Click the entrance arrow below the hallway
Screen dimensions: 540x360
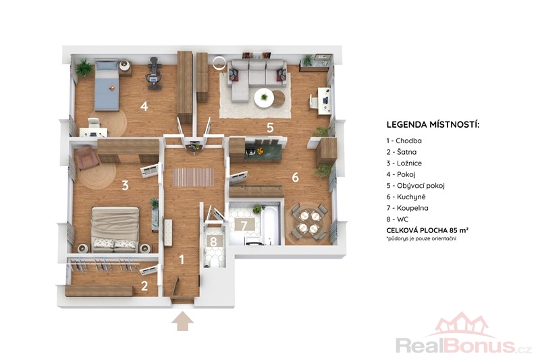tap(182, 322)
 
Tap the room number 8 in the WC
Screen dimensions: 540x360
tap(213, 242)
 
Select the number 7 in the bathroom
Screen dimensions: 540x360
tap(244, 226)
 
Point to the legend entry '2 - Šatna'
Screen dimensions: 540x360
tap(401, 152)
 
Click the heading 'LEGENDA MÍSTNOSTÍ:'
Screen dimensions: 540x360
tap(433, 124)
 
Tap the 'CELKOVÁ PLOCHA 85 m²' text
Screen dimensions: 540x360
tap(427, 230)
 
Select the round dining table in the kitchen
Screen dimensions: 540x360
tap(309, 222)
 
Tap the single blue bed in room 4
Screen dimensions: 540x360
tap(107, 84)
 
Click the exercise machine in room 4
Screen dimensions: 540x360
tap(155, 74)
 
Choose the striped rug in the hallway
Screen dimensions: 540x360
tap(193, 177)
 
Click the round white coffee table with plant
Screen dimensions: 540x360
tap(264, 98)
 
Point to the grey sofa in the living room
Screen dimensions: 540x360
tap(256, 78)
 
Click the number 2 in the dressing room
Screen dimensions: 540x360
tap(144, 286)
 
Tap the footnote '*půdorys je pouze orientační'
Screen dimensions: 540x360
tap(421, 238)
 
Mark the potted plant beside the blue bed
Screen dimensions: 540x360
tap(83, 68)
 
